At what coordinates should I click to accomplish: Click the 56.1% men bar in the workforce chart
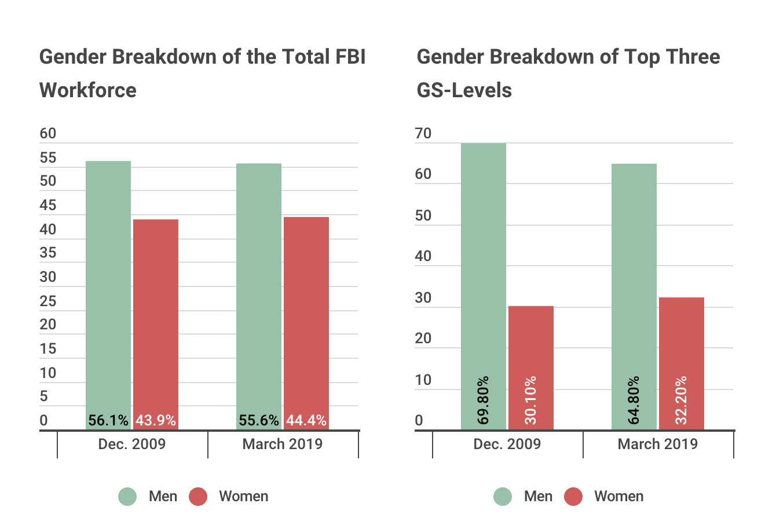[x=108, y=289]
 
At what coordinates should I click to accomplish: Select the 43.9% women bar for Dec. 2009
[x=156, y=318]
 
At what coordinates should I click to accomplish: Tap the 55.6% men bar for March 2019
[x=259, y=289]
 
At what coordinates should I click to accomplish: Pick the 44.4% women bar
[x=306, y=318]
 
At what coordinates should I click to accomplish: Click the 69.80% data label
[x=484, y=400]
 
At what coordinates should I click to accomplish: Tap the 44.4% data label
[x=306, y=420]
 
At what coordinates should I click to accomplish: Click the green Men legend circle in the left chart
[x=128, y=497]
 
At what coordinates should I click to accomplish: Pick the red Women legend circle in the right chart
[x=573, y=497]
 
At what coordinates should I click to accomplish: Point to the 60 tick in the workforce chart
[x=48, y=134]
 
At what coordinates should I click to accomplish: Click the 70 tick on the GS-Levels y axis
[x=423, y=134]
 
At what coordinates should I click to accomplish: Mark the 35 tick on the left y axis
[x=48, y=253]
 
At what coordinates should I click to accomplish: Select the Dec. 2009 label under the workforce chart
[x=132, y=444]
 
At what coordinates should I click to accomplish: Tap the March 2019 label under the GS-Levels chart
[x=658, y=444]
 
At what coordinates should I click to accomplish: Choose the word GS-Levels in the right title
[x=464, y=90]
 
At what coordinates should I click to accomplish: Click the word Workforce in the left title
[x=88, y=90]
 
